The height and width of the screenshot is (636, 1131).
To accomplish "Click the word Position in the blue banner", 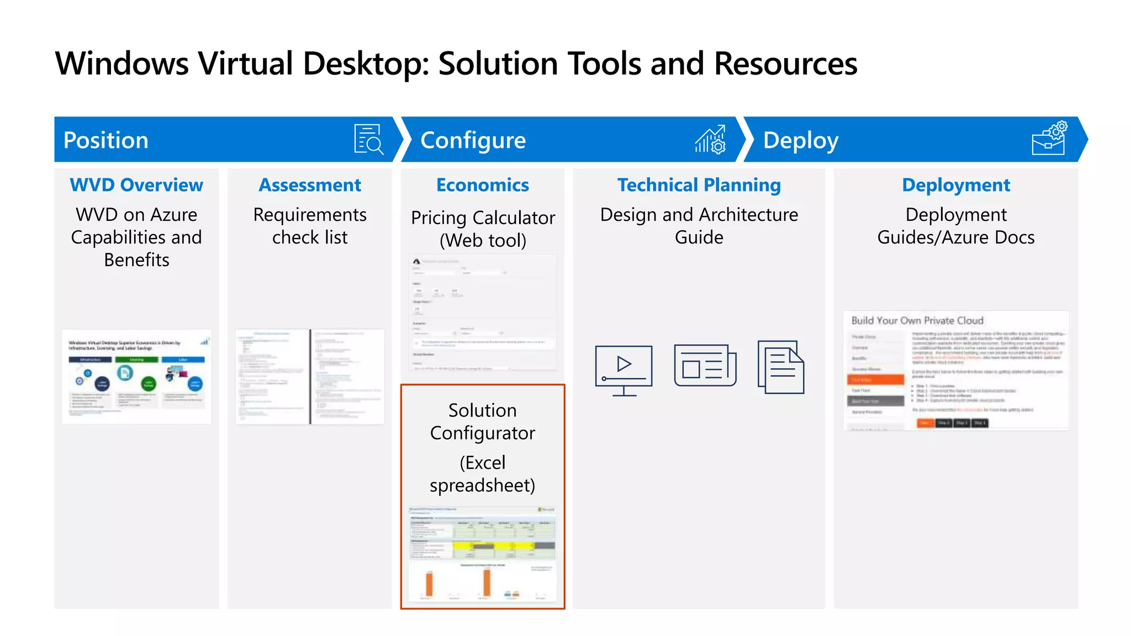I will point(105,140).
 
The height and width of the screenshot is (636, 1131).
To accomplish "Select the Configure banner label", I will point(473,140).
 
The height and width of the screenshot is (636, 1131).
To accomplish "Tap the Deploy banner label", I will point(800,140).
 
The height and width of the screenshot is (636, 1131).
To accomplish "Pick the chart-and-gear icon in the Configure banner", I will point(710,139).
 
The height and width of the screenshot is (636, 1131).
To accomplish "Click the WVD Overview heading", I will point(136,185).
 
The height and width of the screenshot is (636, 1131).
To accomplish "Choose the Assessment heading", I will point(310,185).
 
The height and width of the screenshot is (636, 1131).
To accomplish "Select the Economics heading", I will point(482,185).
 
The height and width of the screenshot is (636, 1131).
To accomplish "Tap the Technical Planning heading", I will point(699,185).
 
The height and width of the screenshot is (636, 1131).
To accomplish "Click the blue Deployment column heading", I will point(956,185).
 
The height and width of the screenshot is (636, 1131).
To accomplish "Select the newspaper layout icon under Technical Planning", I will point(705,365).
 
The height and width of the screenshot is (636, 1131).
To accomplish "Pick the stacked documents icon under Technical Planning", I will point(781,367).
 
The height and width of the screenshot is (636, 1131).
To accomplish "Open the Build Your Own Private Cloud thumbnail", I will point(956,370).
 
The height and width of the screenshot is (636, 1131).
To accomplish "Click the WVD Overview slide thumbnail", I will point(136,377).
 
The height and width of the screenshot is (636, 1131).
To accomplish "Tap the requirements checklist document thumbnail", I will point(310,377).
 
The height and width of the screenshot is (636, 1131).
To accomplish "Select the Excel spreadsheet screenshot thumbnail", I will point(482,554).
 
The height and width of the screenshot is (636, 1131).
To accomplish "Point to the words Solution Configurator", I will point(482,422).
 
